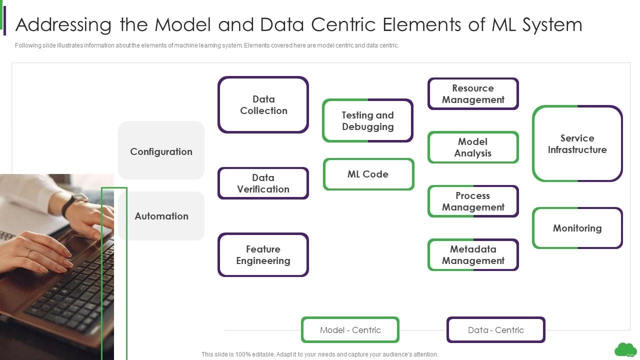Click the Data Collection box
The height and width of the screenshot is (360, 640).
point(263,105)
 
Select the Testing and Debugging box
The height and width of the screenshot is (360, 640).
point(367,120)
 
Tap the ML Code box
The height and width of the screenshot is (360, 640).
point(368,174)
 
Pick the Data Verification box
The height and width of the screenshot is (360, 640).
point(263,183)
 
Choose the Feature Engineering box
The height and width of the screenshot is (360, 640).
point(263,254)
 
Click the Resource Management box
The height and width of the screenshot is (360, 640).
point(472,93)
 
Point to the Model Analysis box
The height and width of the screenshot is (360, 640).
point(472,147)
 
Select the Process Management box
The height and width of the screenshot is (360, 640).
point(472,201)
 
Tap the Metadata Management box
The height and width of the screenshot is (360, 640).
point(472,254)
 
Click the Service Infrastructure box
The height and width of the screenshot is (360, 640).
point(577,143)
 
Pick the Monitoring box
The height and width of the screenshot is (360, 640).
point(577,228)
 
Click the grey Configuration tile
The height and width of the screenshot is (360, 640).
point(161,151)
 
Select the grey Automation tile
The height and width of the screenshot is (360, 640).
point(161,216)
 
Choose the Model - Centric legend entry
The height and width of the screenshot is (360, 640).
point(350,330)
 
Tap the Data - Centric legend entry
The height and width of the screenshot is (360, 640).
point(495,330)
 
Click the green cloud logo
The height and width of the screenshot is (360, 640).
point(625,349)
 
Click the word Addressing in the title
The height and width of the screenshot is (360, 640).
point(63,24)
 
